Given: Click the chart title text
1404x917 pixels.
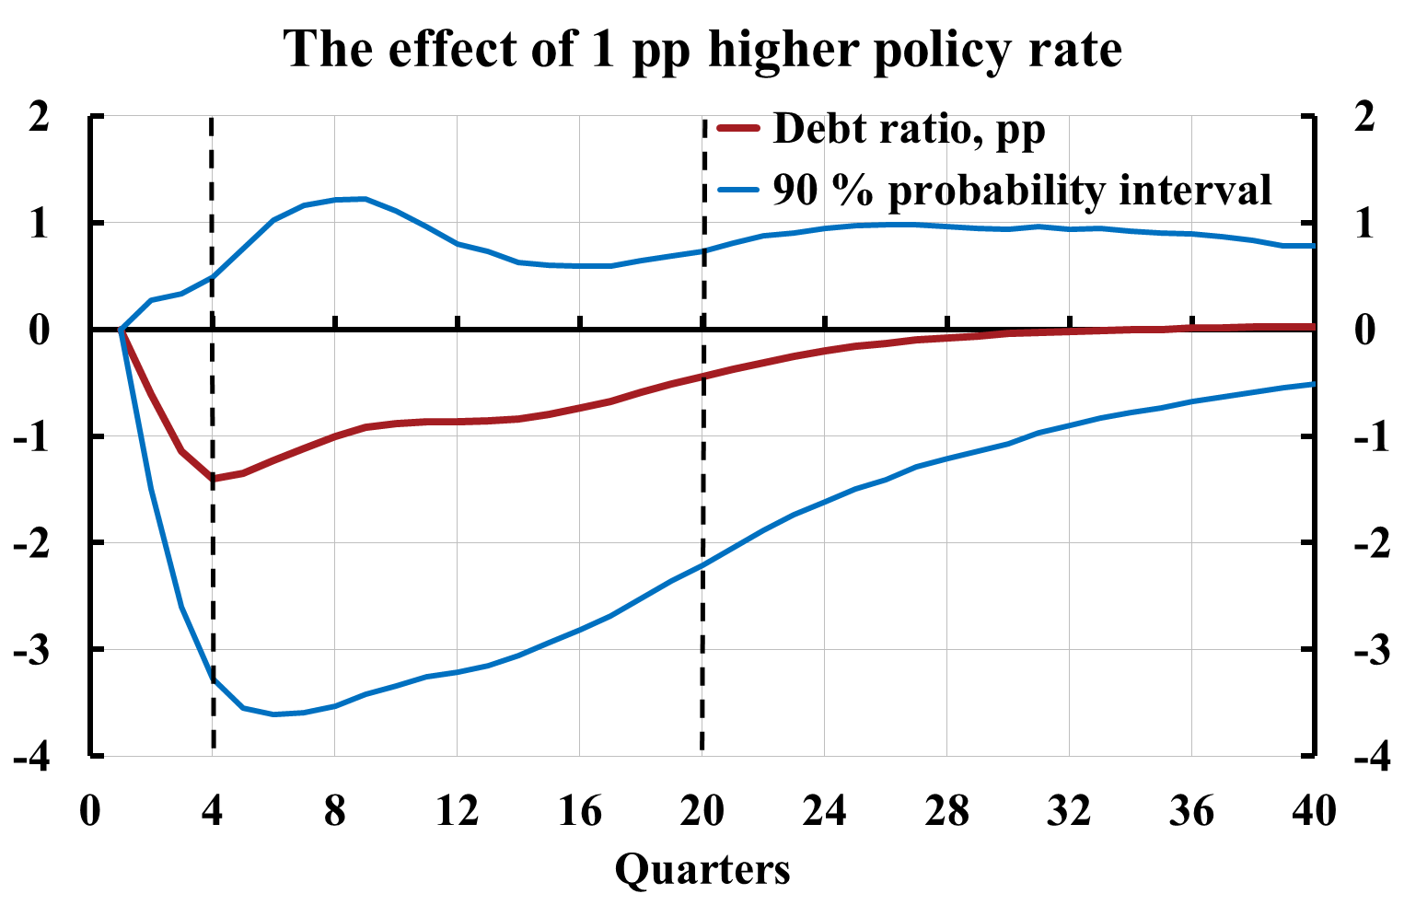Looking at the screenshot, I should pos(702,48).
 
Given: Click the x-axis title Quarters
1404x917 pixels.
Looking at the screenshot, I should pos(702,868).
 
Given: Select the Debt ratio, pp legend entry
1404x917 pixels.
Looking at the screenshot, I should pos(909,129).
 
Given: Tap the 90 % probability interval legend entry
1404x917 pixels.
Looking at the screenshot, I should pos(1022,190).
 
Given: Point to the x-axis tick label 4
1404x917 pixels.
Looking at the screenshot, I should pos(213,812).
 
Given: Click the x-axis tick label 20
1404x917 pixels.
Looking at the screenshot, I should pos(702,812).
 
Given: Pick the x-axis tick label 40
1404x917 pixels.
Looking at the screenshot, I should pos(1314,812).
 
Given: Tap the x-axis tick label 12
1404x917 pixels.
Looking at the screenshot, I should pos(458,812).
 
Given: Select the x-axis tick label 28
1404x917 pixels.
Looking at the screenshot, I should pos(947,812).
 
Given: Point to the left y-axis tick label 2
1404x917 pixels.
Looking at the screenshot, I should pos(39,117).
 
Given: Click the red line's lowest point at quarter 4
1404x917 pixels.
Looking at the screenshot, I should pos(213,479).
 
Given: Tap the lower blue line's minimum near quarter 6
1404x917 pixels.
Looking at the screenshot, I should pos(273,714).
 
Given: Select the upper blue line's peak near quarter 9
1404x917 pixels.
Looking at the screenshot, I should pos(366,198).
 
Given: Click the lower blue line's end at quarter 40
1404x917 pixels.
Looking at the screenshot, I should pos(1314,384).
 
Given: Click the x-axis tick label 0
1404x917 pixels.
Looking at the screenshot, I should pos(90,812).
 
